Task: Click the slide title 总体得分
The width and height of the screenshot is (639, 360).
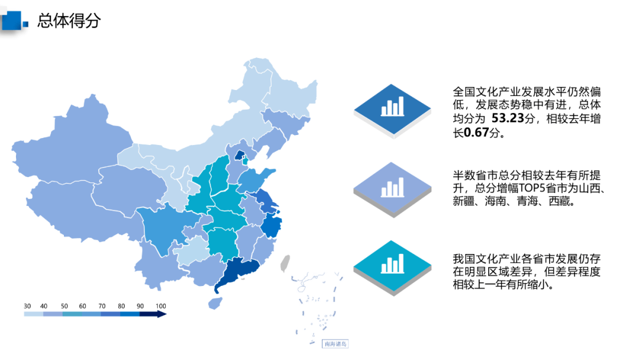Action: coord(69,21)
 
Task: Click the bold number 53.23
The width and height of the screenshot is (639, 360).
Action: coord(509,119)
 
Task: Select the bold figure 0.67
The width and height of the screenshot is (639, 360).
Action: coord(477,133)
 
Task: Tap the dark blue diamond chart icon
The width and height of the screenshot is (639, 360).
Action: coord(392,108)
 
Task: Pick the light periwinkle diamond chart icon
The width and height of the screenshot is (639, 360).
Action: coord(392,189)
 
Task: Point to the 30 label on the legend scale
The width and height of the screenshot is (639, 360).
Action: coord(27,306)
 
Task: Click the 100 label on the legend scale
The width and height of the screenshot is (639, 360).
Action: coord(160,306)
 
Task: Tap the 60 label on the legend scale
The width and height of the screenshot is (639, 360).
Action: coord(83,306)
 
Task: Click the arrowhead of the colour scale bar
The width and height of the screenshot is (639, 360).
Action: coord(162,314)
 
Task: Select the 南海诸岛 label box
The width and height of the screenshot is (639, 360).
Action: coord(335,343)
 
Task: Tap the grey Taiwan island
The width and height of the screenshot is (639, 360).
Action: coord(285,263)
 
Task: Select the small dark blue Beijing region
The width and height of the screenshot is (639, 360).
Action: coord(239,156)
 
